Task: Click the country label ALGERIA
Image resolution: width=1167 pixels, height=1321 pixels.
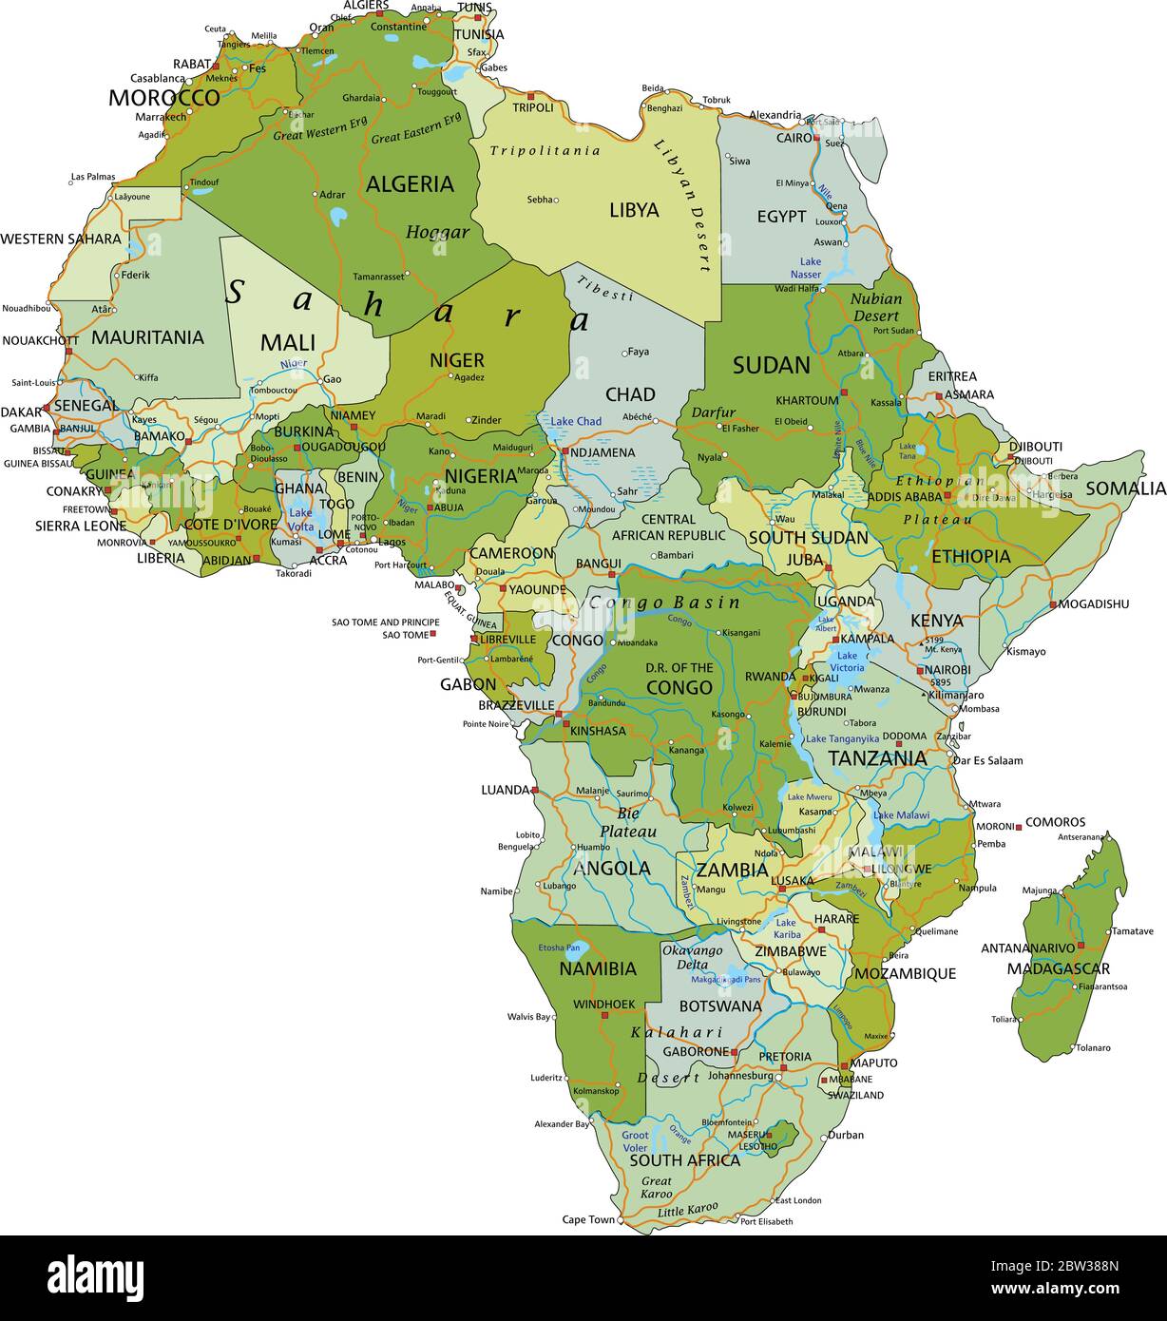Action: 410,184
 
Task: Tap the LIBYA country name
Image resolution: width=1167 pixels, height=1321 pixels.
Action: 634,210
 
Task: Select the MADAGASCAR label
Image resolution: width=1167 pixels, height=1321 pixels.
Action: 1058,968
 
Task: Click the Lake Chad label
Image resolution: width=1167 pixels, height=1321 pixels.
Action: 576,421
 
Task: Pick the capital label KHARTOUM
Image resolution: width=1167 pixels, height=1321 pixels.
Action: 807,400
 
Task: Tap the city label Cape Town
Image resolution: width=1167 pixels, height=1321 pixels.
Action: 588,1219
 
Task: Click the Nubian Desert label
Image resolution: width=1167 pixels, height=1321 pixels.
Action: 875,307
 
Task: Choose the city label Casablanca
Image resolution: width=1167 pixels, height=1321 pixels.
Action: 158,78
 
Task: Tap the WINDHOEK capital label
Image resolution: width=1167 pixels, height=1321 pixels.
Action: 603,1004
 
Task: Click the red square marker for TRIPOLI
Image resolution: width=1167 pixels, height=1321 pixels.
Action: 531,96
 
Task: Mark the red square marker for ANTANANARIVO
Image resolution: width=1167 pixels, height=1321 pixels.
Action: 1081,947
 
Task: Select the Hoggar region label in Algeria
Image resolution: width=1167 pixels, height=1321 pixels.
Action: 437,232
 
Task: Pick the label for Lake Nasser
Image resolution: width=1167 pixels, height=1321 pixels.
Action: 810,268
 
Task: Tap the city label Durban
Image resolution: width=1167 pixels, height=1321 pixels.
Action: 846,1135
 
